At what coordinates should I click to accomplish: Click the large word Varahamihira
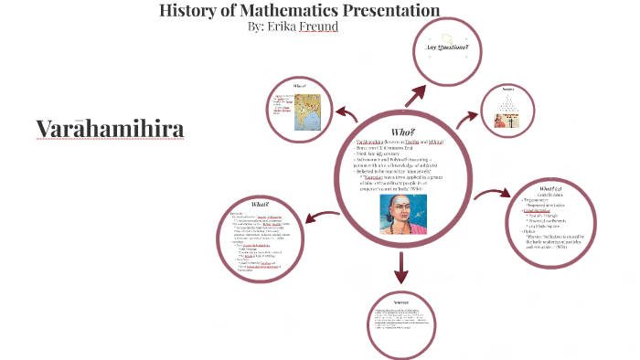(x=110, y=129)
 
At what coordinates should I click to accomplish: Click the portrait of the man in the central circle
(x=403, y=215)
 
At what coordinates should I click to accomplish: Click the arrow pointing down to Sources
(x=400, y=268)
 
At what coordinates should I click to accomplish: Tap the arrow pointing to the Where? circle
(x=347, y=114)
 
